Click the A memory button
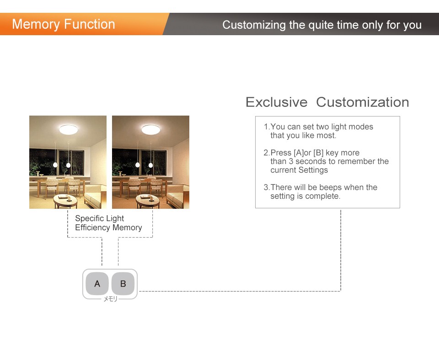point(97,284)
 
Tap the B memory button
point(123,284)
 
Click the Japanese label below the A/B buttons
point(110,299)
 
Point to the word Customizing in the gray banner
point(254,25)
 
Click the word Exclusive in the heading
point(276,102)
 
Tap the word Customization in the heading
point(363,102)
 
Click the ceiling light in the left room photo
point(68,129)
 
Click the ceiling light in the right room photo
point(150,129)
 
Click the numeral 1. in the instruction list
point(267,127)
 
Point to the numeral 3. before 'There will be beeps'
point(267,187)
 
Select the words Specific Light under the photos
point(99,218)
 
